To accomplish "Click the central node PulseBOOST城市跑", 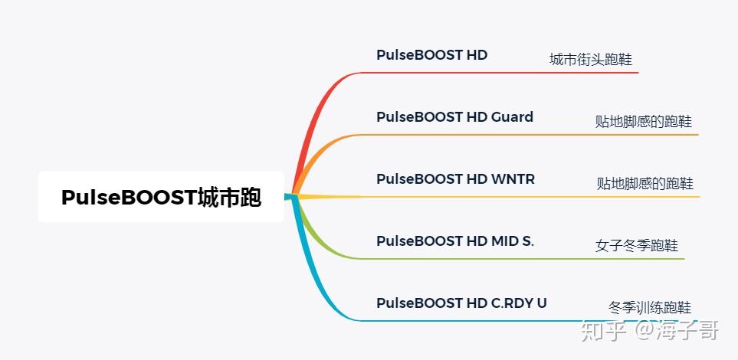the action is point(161,197).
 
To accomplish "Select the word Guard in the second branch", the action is point(512,116).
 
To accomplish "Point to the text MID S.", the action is point(513,241).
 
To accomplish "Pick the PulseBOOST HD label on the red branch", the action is point(431,55).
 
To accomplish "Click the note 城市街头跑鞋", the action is point(591,60).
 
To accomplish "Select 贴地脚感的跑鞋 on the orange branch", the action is point(644,122).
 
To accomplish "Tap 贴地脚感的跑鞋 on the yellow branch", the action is point(645,183).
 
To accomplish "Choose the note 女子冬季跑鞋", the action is point(636,246).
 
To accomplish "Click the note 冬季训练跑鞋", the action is point(650,308).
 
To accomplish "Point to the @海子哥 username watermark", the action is point(677,330).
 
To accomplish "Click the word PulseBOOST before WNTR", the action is point(419,178).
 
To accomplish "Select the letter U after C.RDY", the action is point(541,303).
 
